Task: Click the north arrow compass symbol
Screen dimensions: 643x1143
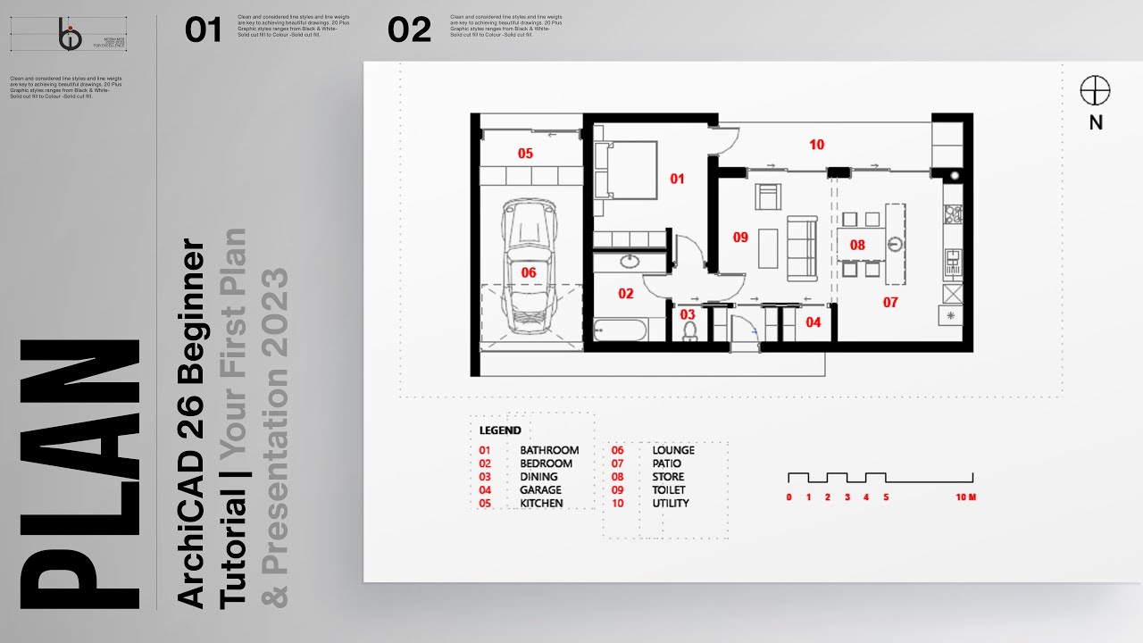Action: [x=1095, y=91]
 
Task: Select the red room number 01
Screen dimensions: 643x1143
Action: [x=677, y=179]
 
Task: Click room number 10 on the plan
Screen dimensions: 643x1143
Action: [x=816, y=145]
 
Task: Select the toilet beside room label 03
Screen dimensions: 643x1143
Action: [x=689, y=330]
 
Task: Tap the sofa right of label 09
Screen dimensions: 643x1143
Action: [x=801, y=238]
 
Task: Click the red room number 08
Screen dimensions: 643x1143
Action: [x=857, y=245]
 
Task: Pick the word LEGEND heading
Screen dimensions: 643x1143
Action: [x=500, y=430]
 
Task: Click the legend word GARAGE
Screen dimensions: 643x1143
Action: [x=541, y=490]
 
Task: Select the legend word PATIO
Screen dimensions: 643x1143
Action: [x=667, y=463]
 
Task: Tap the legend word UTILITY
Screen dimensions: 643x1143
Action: [x=671, y=504]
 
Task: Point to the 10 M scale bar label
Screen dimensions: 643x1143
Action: [x=965, y=497]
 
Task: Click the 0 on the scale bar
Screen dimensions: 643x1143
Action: [x=788, y=497]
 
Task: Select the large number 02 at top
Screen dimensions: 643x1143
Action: [x=409, y=30]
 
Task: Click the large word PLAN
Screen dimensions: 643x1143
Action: [x=80, y=473]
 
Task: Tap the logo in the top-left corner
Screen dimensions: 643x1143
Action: [x=70, y=36]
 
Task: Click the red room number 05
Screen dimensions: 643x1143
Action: [x=525, y=154]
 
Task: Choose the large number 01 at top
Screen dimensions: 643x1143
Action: [x=203, y=30]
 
